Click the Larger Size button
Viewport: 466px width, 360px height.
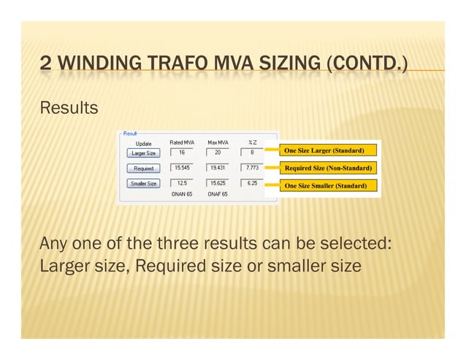click(x=143, y=153)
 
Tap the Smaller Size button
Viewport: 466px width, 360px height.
click(x=143, y=183)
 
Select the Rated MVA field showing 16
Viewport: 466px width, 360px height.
click(x=181, y=153)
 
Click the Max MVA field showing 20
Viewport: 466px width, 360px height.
click(x=217, y=153)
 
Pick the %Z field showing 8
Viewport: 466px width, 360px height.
click(x=252, y=153)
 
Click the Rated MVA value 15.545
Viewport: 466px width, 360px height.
click(x=181, y=168)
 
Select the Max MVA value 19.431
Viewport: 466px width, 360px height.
click(x=217, y=168)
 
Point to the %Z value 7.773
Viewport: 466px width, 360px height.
click(x=252, y=168)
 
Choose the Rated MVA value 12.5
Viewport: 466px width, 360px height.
click(x=181, y=183)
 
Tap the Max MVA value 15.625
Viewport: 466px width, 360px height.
click(x=217, y=183)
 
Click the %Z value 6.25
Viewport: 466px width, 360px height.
click(x=252, y=183)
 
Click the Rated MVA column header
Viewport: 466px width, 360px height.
click(x=182, y=142)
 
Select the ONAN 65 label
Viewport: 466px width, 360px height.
click(x=182, y=195)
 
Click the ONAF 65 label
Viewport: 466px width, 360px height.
click(x=217, y=195)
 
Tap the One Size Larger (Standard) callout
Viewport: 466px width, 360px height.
click(x=329, y=150)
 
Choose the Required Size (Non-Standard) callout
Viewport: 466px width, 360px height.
click(x=329, y=168)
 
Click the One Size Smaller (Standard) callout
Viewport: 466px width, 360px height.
click(x=329, y=186)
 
